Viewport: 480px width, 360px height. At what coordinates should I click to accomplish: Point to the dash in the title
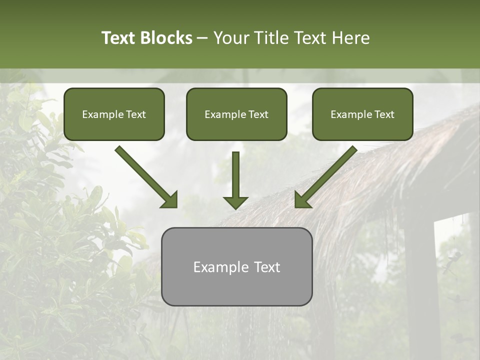[203, 38]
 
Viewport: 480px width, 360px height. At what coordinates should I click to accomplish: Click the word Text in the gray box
[267, 267]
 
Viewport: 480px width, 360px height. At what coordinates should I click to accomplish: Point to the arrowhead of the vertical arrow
[235, 202]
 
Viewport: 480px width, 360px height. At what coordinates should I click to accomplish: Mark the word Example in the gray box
[220, 267]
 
